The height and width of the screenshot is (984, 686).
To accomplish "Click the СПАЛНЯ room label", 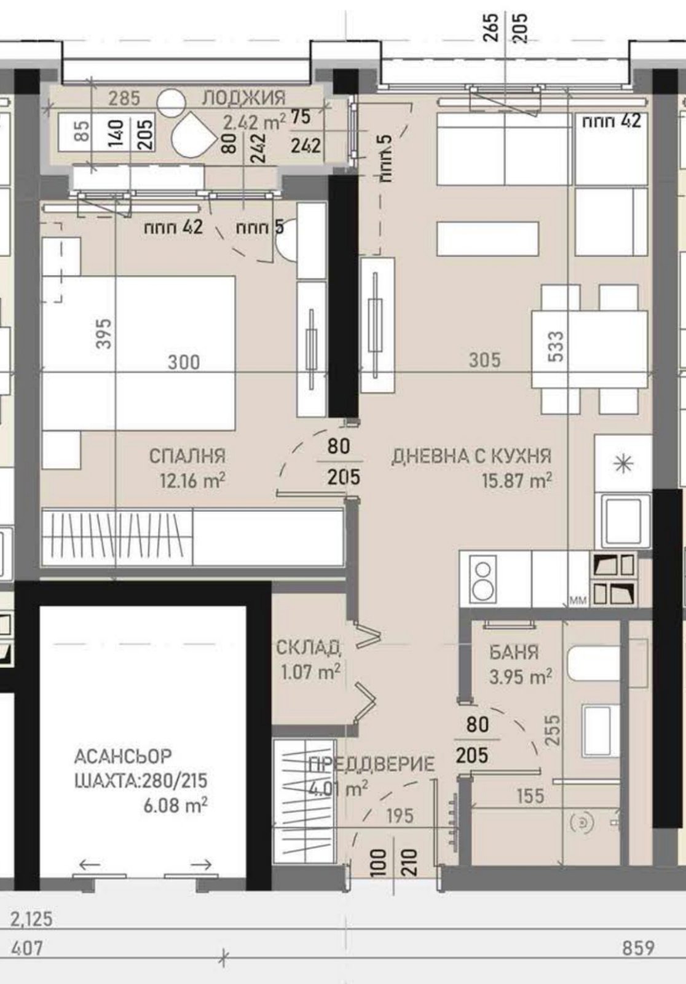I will [187, 456].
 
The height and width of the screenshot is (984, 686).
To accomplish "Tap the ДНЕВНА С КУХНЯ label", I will [471, 456].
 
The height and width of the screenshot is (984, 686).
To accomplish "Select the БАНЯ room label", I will [514, 651].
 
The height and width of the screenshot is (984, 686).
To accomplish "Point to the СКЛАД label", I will [309, 647].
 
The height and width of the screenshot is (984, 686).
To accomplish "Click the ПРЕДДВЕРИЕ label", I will [371, 764].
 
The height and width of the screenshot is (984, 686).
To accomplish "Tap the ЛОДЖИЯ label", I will [244, 97].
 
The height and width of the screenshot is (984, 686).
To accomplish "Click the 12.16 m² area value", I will [192, 480].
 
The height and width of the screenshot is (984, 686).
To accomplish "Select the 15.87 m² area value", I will [516, 480].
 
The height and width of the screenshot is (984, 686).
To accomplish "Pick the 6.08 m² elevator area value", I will [175, 805].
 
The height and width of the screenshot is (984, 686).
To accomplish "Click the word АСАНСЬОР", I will [123, 755].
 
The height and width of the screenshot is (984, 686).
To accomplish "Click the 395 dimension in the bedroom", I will [104, 333].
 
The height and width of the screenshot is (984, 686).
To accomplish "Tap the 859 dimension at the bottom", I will [637, 948].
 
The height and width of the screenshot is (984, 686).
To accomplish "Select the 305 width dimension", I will [484, 360].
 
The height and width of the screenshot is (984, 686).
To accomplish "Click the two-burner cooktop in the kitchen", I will [483, 578].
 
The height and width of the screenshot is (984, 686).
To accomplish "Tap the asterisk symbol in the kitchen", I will [623, 464].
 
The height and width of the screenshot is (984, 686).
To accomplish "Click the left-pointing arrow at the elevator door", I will [90, 865].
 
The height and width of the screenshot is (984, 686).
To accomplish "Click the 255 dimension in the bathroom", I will [553, 730].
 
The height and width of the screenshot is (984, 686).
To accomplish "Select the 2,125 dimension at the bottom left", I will [31, 919].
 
